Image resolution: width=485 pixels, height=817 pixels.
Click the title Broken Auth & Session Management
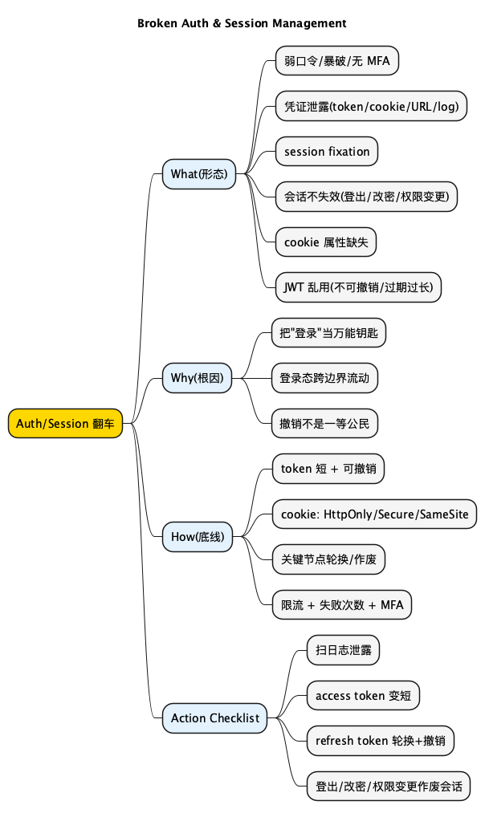pyautogui.click(x=242, y=23)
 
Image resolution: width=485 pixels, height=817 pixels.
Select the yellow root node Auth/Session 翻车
pyautogui.click(x=65, y=423)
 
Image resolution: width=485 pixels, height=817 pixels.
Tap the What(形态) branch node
pyautogui.click(x=198, y=173)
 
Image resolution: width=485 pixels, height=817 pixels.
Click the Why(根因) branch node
pyautogui.click(x=197, y=377)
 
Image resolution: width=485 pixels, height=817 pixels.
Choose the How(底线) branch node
pyautogui.click(x=197, y=537)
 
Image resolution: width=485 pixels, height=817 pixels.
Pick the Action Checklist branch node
pyautogui.click(x=214, y=717)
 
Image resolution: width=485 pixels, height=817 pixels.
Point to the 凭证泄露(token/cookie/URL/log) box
pyautogui.click(x=371, y=106)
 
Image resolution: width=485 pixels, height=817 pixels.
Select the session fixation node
pyautogui.click(x=326, y=151)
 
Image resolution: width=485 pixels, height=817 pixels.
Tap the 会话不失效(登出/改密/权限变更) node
pyautogui.click(x=366, y=196)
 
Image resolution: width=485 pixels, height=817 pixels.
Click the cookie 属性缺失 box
pyautogui.click(x=326, y=242)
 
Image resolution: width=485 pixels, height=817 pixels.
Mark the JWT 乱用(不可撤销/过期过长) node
pyautogui.click(x=358, y=287)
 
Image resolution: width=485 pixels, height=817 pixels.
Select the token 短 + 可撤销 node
pyautogui.click(x=328, y=469)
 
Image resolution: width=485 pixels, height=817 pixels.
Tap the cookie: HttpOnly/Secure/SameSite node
pyautogui.click(x=374, y=514)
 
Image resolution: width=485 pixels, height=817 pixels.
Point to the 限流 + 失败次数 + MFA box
pyautogui.click(x=341, y=604)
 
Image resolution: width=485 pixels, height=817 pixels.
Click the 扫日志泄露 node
pyautogui.click(x=343, y=650)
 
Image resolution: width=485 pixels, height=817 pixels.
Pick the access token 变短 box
pyautogui.click(x=363, y=695)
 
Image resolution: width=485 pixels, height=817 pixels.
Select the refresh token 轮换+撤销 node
pyautogui.click(x=381, y=741)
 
